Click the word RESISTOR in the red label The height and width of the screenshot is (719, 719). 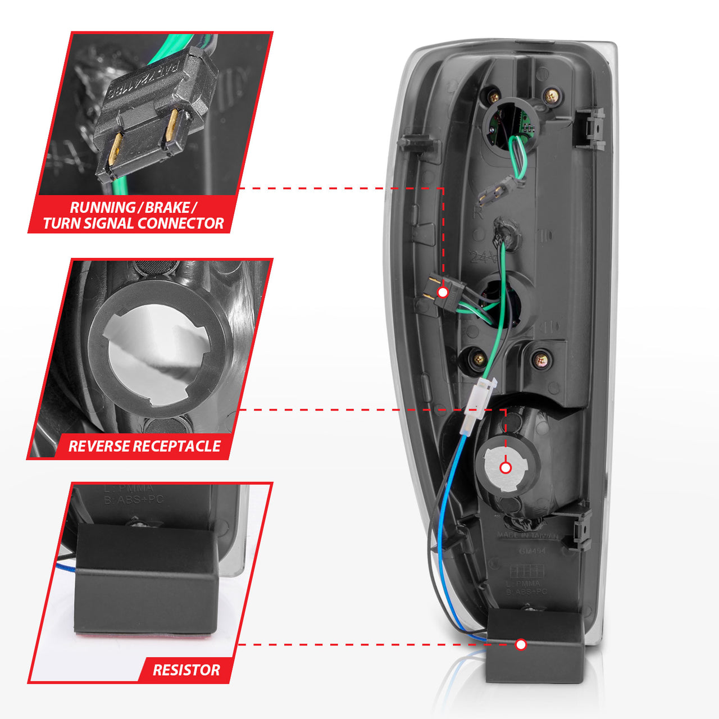186,670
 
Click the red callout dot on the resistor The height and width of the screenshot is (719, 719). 521,644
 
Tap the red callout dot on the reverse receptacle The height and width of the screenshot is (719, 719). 506,467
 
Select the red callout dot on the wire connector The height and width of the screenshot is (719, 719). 443,292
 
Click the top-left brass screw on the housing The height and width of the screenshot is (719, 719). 494,97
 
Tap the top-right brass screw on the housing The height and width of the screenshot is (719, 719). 552,95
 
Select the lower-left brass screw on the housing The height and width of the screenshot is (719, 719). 478,358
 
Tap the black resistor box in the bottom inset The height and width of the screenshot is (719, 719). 146,579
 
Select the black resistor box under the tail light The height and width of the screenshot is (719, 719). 534,646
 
